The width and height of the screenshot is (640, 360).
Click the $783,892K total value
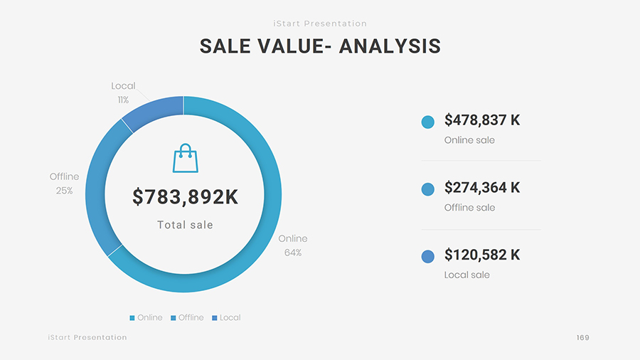click(x=186, y=197)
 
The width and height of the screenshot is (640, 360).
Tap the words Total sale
click(x=185, y=225)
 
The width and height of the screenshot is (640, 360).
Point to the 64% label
click(x=293, y=253)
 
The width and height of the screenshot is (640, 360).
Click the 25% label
click(x=64, y=191)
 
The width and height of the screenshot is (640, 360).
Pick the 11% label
click(x=123, y=100)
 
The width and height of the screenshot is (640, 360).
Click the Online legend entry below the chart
click(x=146, y=317)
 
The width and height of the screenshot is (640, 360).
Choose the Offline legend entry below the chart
click(x=187, y=317)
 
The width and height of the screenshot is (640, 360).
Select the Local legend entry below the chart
click(x=226, y=317)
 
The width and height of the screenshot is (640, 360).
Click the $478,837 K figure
click(x=482, y=120)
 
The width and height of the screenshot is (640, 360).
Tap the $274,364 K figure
click(x=482, y=188)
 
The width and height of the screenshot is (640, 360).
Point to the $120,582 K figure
click(x=482, y=255)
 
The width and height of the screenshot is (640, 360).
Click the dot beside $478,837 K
click(x=428, y=122)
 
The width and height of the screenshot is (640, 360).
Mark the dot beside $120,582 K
click(x=428, y=256)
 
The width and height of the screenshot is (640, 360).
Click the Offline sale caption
click(x=469, y=208)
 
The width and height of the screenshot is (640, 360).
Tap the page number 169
click(x=583, y=337)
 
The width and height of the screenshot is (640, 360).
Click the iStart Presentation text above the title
click(x=320, y=23)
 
